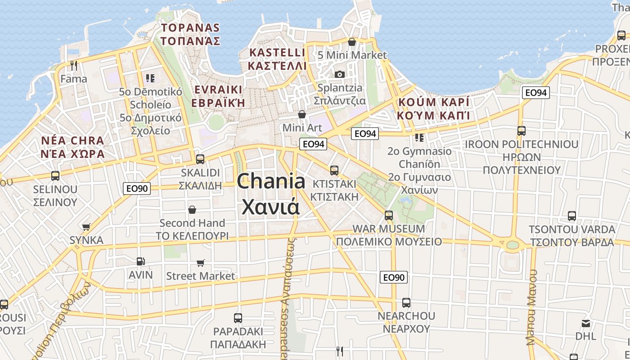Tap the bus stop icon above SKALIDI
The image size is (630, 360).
click(200, 159)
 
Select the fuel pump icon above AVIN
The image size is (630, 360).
click(141, 261)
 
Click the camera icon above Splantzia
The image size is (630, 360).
click(340, 74)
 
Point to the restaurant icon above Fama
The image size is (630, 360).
click(74, 66)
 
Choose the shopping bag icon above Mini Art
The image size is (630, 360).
click(302, 114)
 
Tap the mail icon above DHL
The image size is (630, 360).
click(586, 323)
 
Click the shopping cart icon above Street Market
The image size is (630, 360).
click(201, 263)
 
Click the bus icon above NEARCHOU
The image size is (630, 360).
click(406, 303)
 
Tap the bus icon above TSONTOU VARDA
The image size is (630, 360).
click(572, 216)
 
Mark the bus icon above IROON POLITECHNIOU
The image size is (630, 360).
click(522, 131)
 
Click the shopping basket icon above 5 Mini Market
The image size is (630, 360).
click(352, 42)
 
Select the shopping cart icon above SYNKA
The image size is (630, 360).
click(86, 227)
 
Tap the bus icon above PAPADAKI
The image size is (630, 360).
click(238, 318)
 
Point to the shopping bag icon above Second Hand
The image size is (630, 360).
click(192, 210)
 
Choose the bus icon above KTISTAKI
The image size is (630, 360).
click(334, 170)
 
